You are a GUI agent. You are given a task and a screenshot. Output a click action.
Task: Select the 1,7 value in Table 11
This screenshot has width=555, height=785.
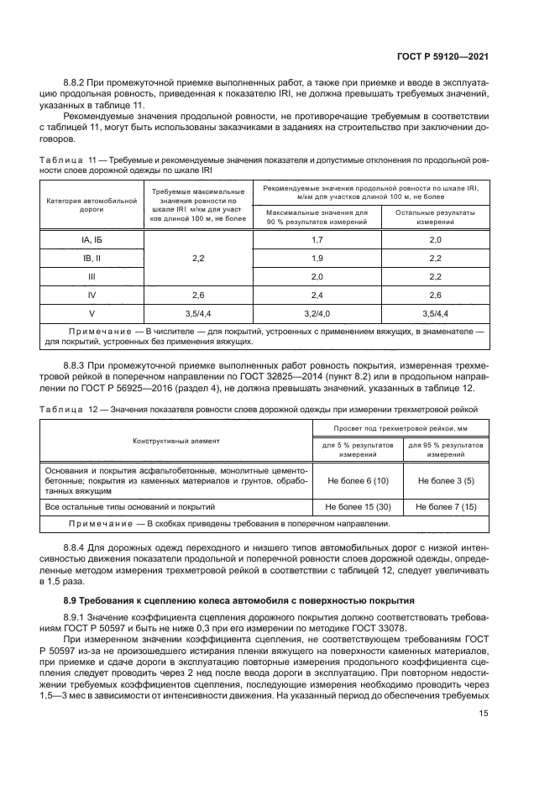click(317, 240)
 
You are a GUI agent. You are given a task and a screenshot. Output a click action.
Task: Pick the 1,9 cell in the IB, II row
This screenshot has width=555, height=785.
click(317, 258)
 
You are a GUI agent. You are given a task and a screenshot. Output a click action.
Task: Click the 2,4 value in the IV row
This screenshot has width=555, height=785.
click(317, 295)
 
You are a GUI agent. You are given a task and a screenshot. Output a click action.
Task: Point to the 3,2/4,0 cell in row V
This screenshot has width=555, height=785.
click(317, 313)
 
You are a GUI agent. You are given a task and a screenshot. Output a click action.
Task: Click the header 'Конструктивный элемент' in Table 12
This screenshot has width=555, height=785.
click(175, 441)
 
